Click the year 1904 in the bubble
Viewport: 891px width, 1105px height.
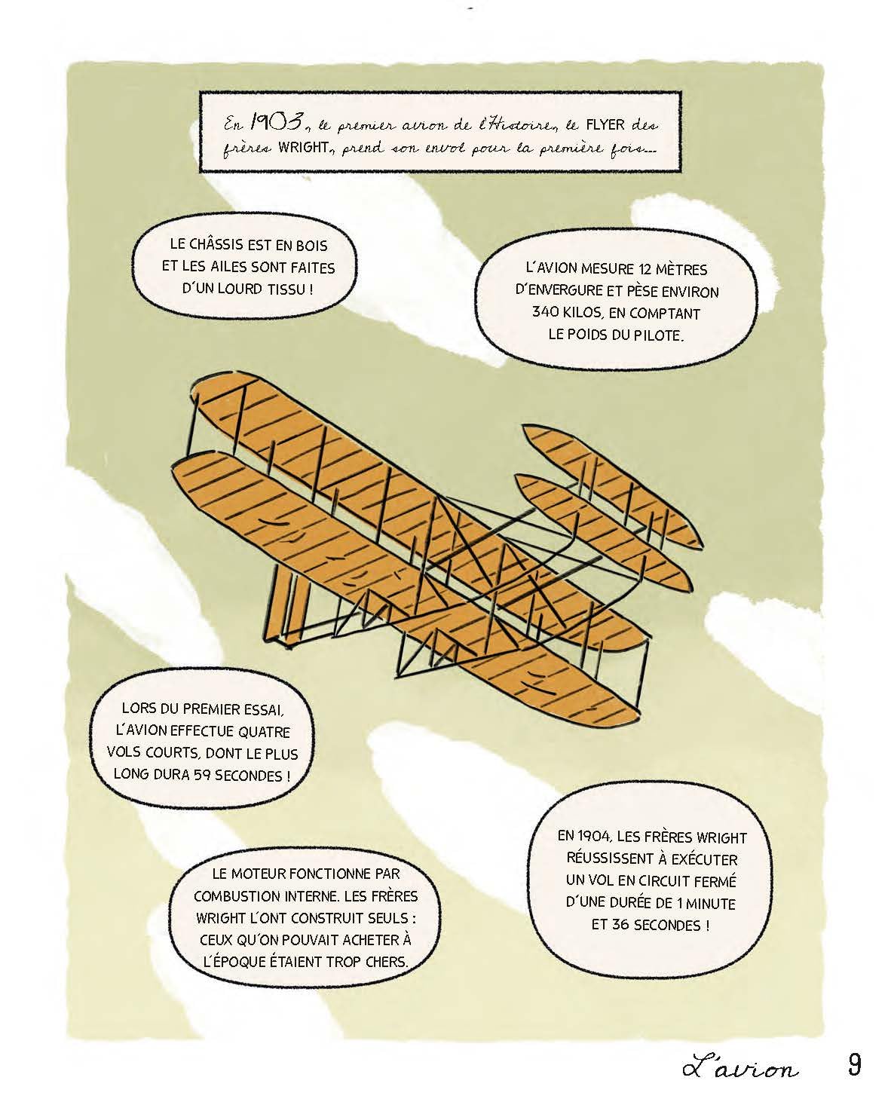click(x=595, y=837)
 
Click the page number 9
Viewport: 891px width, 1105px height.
click(x=854, y=1065)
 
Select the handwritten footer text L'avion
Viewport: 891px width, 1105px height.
click(x=741, y=1067)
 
